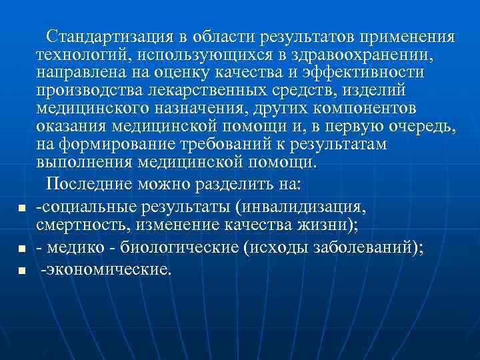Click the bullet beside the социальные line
pos(22,209)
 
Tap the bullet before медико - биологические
pos(22,249)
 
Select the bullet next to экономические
pos(22,271)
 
